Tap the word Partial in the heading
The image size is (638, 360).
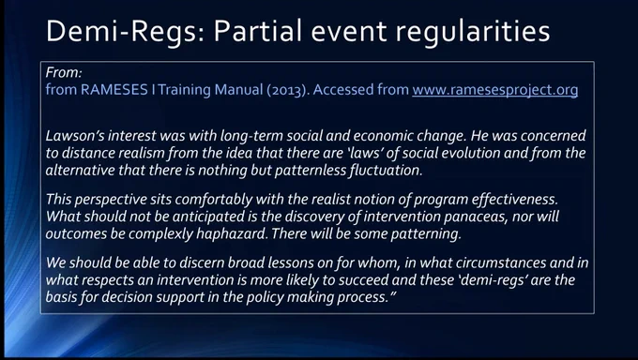coord(258,31)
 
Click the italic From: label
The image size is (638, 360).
coord(64,72)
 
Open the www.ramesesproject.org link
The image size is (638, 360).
coord(495,90)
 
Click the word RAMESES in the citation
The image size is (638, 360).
coord(114,89)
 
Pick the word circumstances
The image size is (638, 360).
coord(501,262)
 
